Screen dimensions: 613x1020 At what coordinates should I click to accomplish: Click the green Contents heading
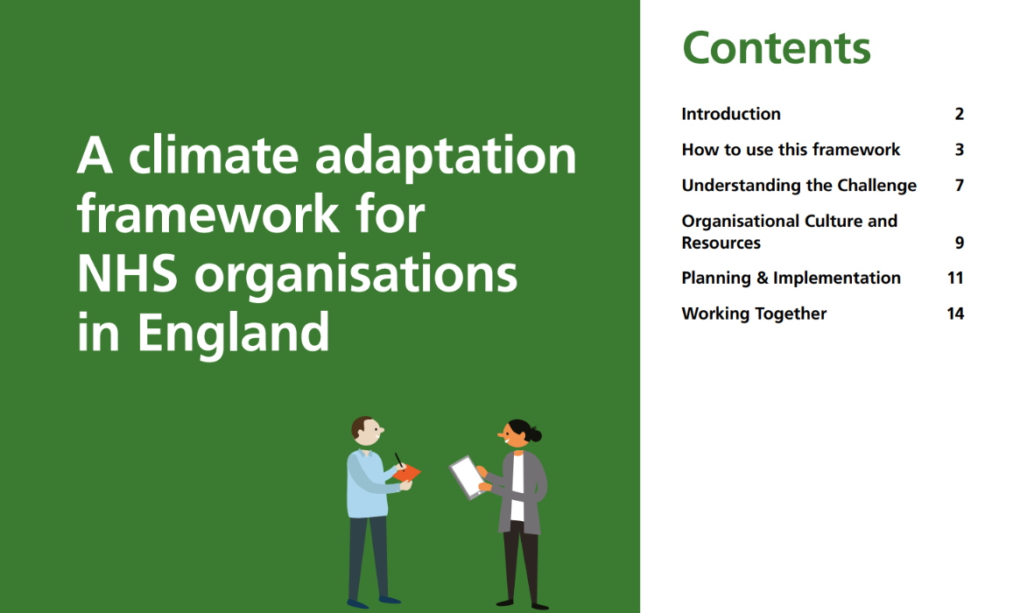pyautogui.click(x=776, y=48)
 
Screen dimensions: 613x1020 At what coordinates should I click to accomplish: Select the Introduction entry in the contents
pyautogui.click(x=731, y=114)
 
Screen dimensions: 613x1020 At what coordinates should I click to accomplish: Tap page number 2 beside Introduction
pyautogui.click(x=960, y=114)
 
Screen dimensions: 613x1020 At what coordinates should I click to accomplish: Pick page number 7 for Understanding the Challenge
pyautogui.click(x=960, y=186)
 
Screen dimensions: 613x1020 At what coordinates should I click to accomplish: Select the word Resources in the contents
pyautogui.click(x=721, y=243)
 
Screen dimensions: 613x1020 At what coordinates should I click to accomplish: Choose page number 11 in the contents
pyautogui.click(x=955, y=278)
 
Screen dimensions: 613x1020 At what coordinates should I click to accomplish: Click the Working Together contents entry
pyautogui.click(x=754, y=314)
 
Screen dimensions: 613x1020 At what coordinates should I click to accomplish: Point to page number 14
pyautogui.click(x=955, y=314)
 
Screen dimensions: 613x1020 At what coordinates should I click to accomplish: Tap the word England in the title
pyautogui.click(x=233, y=333)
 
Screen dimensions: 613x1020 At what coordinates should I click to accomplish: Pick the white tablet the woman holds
pyautogui.click(x=465, y=476)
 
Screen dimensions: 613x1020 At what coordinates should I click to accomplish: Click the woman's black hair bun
pyautogui.click(x=534, y=434)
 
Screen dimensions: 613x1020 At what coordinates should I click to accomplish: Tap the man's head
pyautogui.click(x=366, y=430)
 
